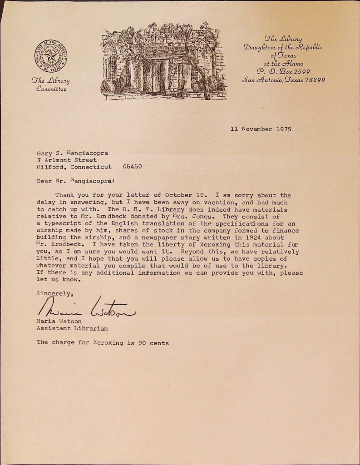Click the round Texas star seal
51,57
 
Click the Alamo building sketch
163,61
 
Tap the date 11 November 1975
261,129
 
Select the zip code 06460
132,167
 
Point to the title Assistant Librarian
72,327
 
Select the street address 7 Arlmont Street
67,160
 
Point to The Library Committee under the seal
51,85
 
